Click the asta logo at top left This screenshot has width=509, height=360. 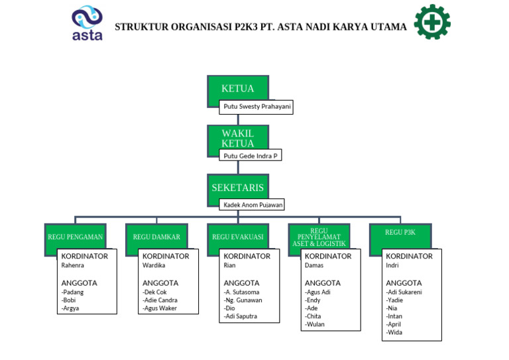[87, 24]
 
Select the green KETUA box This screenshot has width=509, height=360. [237, 89]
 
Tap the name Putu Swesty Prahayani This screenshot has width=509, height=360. [256, 107]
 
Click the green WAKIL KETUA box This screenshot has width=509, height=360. [237, 138]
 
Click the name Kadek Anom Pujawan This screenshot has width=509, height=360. [253, 205]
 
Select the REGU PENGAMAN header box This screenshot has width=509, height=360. [75, 236]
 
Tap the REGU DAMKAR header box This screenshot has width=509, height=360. [156, 236]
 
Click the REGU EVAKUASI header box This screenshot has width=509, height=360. [237, 236]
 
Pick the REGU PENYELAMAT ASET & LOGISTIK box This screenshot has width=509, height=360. [319, 237]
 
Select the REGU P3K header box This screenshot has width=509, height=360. [400, 233]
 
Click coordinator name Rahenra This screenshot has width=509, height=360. [73, 265]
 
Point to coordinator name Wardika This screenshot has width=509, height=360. [154, 265]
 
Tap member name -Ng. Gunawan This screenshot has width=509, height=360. [243, 300]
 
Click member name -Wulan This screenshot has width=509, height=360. [315, 324]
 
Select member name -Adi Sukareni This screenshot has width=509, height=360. [404, 292]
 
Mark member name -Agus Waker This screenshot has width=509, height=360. [160, 308]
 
